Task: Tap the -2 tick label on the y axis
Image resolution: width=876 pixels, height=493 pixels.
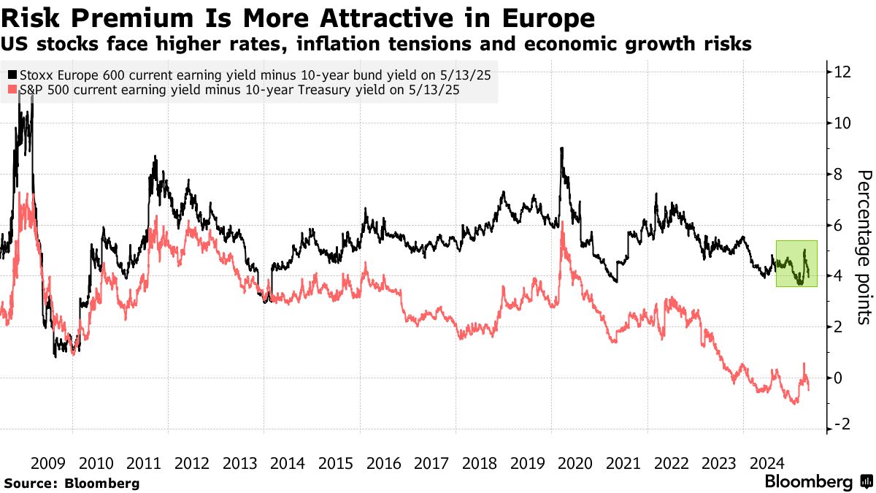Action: tap(840, 425)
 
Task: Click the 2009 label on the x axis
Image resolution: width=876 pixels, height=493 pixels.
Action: tap(49, 462)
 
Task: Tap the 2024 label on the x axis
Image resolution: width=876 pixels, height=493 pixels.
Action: tap(767, 462)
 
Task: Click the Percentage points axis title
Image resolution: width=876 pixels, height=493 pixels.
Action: tap(864, 247)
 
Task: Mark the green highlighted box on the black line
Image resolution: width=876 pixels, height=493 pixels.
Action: tap(796, 263)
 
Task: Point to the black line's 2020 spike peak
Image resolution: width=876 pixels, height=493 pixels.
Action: tap(561, 148)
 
